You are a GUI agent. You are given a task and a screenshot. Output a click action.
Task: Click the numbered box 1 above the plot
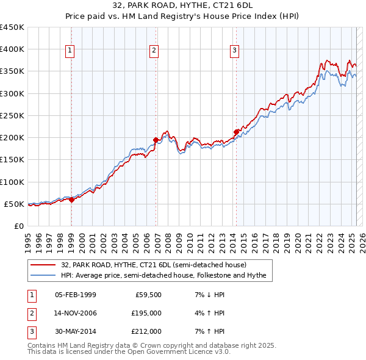pyautogui.click(x=71, y=51)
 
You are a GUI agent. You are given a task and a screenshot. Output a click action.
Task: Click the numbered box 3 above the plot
pyautogui.click(x=235, y=51)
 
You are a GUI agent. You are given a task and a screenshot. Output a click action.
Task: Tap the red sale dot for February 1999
pyautogui.click(x=71, y=200)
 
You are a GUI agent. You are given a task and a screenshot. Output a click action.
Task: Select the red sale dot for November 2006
pyautogui.click(x=156, y=140)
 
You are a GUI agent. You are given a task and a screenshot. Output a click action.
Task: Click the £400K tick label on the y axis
pyautogui.click(x=12, y=49)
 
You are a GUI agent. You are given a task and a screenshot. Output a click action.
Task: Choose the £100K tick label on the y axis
pyautogui.click(x=12, y=182)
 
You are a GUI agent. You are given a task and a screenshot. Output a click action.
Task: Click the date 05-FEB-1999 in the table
pyautogui.click(x=76, y=295)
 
